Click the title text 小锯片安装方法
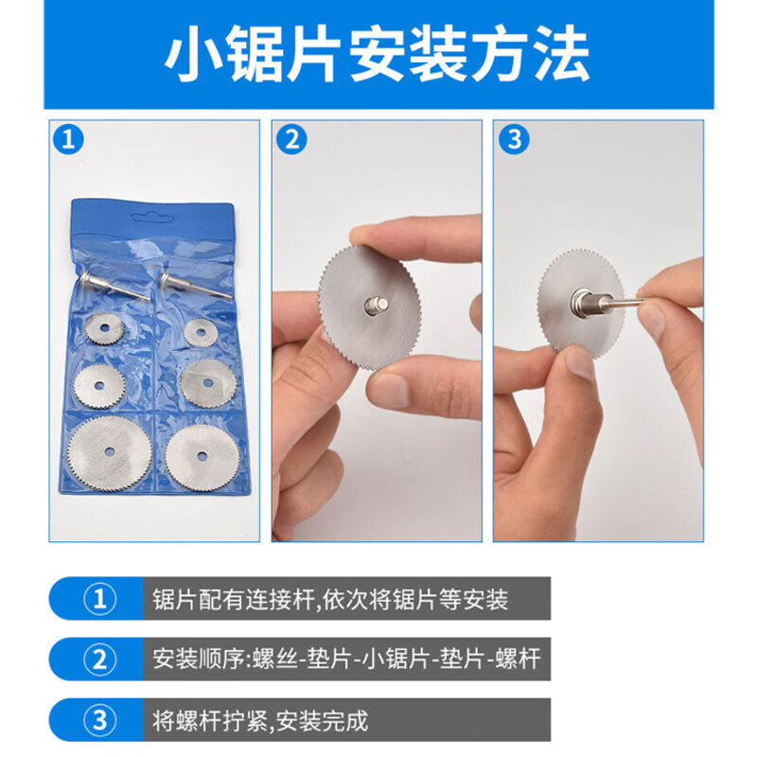pyautogui.click(x=378, y=54)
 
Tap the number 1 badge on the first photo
pyautogui.click(x=68, y=140)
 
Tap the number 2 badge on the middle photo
pyautogui.click(x=291, y=140)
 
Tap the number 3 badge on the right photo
pyautogui.click(x=514, y=140)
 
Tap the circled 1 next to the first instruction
pyautogui.click(x=98, y=599)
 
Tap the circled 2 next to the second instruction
pyautogui.click(x=98, y=659)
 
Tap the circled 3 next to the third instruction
pyautogui.click(x=98, y=719)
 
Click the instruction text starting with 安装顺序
pyautogui.click(x=345, y=659)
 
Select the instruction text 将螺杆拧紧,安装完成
pyautogui.click(x=260, y=719)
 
